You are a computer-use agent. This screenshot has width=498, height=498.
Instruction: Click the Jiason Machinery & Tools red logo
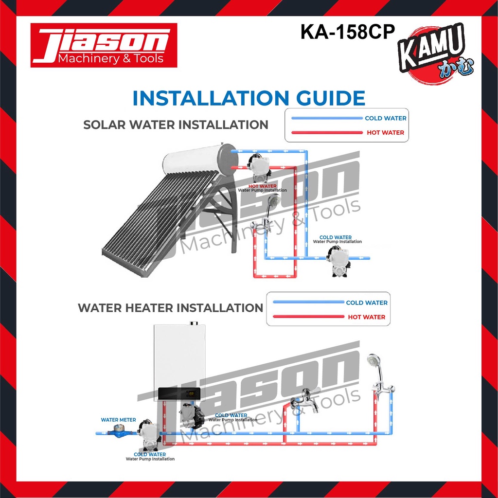point(104,45)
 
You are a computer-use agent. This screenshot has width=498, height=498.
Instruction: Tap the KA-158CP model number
point(347,32)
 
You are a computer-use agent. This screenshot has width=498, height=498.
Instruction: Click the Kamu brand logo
point(435,53)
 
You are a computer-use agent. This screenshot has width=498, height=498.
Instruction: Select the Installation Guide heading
point(249,98)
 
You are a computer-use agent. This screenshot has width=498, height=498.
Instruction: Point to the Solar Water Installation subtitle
point(176,124)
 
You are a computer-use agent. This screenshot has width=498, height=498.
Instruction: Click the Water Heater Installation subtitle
point(170,308)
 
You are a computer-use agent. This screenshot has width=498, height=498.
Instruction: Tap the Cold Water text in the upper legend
point(386,118)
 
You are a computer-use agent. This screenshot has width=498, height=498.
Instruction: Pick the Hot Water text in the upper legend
point(385,132)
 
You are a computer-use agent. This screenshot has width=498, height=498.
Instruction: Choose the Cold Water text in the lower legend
point(367,302)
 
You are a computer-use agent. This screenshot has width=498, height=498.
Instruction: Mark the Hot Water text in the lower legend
point(367,317)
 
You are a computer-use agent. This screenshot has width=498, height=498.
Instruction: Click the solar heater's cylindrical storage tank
point(199,160)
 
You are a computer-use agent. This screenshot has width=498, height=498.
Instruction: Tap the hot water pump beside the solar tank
point(259,168)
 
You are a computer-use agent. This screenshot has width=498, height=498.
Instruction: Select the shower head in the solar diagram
point(273,200)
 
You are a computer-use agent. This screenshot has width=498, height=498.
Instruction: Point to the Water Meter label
point(119,420)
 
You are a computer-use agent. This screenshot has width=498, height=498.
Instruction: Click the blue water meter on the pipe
point(118,432)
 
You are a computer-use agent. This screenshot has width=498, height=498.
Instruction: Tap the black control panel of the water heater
point(179,394)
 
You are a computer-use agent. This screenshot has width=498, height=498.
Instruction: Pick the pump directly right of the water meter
point(149,435)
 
